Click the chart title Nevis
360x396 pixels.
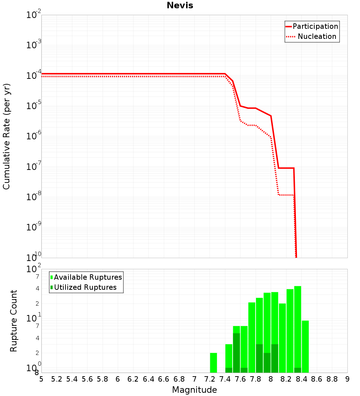[180, 6]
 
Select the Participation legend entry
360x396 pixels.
[315, 27]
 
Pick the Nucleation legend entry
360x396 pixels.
[316, 37]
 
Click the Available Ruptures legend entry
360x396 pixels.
[88, 277]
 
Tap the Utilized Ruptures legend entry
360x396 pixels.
[85, 287]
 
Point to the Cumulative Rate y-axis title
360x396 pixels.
[6, 136]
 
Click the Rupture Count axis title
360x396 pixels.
[14, 321]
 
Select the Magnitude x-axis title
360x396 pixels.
[194, 390]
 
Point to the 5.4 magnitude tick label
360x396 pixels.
[72, 379]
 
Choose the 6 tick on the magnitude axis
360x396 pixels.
[118, 379]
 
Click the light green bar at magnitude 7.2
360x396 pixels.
[213, 363]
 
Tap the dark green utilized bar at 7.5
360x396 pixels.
[237, 353]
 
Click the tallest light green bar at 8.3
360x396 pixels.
[297, 328]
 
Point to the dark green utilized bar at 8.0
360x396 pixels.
[275, 358]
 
